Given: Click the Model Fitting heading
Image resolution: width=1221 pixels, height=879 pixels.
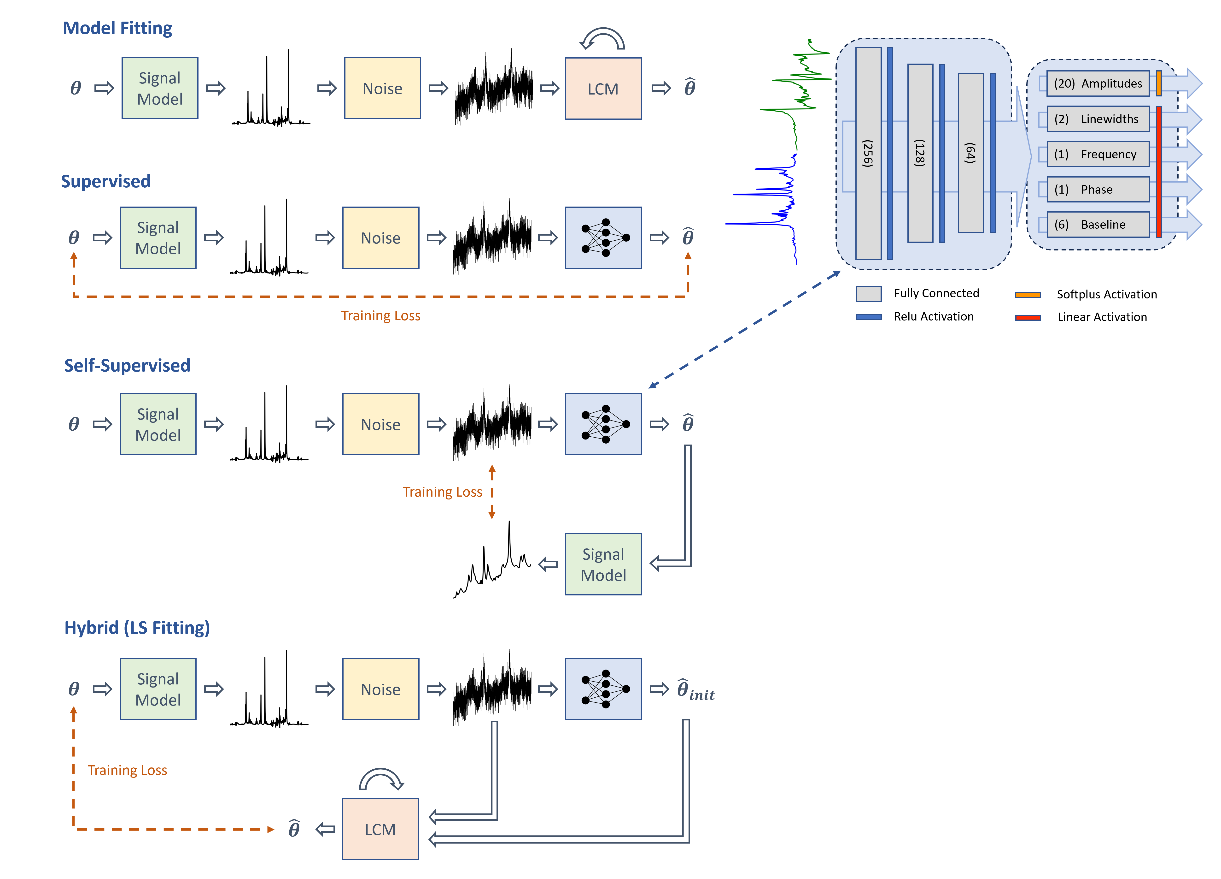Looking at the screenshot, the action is (x=117, y=28).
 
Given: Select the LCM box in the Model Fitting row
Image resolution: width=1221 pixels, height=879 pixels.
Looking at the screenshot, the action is (x=603, y=88).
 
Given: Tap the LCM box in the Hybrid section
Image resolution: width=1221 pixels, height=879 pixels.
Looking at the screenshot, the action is (x=380, y=829).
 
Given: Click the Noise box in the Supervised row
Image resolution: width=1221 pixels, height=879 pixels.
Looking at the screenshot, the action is (x=381, y=238).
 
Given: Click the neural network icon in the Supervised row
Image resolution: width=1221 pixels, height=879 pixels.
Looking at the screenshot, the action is (x=603, y=238).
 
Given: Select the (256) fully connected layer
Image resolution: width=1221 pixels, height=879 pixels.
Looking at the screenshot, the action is (x=868, y=154).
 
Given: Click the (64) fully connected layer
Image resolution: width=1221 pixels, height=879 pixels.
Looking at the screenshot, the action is (x=971, y=153).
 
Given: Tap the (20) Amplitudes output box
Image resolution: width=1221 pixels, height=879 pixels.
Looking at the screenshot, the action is (x=1098, y=83).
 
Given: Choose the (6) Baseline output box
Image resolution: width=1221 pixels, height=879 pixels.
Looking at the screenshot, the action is (x=1098, y=225).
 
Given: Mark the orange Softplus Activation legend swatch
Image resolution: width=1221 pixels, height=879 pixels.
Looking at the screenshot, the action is (x=1028, y=295).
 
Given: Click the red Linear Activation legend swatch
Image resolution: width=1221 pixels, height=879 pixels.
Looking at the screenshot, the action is (x=1028, y=317).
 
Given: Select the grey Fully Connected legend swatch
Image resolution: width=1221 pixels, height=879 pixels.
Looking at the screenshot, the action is (x=868, y=294).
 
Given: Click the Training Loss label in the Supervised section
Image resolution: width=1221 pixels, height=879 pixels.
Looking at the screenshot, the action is (x=381, y=316).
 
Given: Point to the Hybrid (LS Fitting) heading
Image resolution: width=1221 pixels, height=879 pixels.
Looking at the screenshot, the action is (x=137, y=628).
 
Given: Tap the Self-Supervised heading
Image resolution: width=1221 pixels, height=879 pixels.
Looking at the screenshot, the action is (x=127, y=366).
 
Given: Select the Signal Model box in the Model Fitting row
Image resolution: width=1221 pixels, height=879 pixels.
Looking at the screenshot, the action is (x=160, y=88).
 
